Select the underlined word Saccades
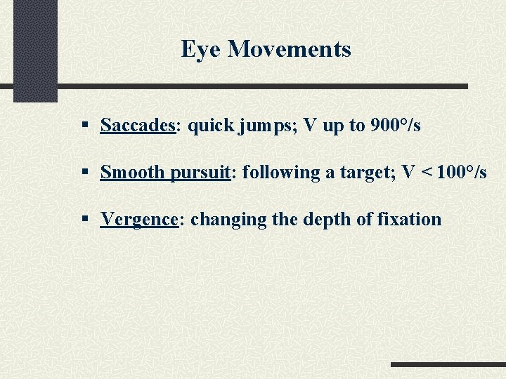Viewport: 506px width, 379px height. (137, 126)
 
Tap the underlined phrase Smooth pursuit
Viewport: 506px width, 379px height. (165, 173)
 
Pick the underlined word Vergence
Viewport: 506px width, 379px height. (139, 220)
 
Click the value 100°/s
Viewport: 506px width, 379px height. (461, 173)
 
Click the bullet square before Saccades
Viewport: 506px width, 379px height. (84, 126)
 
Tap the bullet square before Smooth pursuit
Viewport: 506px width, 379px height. (84, 173)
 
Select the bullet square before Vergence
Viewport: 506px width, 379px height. (84, 220)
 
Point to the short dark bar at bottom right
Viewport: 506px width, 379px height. (448, 365)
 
